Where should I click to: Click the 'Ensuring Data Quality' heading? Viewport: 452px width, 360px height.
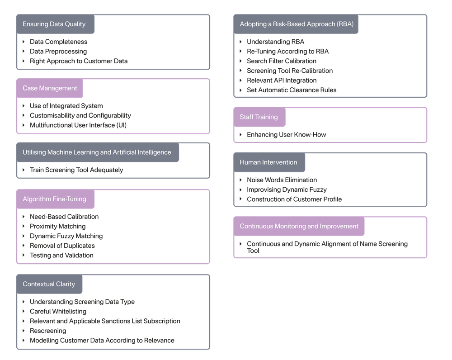54,24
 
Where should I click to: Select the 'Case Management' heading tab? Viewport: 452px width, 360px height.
50,88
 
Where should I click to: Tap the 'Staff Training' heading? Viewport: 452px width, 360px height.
259,117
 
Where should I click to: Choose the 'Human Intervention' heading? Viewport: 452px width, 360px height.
268,162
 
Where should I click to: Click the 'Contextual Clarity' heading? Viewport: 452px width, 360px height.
49,284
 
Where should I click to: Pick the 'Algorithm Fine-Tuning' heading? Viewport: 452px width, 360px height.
54,199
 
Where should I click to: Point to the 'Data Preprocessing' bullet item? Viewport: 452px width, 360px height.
58,52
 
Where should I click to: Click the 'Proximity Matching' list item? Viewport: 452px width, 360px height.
57,226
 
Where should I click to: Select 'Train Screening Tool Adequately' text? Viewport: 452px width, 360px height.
76,170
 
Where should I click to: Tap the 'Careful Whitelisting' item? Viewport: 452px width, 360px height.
58,311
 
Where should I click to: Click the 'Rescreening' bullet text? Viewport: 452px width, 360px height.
48,331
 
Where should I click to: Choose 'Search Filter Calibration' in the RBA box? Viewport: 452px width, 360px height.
282,61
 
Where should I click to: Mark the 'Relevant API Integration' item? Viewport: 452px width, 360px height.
282,81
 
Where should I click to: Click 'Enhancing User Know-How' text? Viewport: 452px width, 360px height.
286,134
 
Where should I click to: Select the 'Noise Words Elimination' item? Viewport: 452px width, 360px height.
282,180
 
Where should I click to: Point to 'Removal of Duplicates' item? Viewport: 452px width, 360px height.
62,246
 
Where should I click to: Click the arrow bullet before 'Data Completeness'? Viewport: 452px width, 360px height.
24,42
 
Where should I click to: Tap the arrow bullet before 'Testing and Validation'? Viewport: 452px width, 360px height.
24,255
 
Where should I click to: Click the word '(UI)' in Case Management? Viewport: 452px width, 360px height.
121,125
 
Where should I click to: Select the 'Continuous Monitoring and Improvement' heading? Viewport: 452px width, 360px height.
299,226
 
